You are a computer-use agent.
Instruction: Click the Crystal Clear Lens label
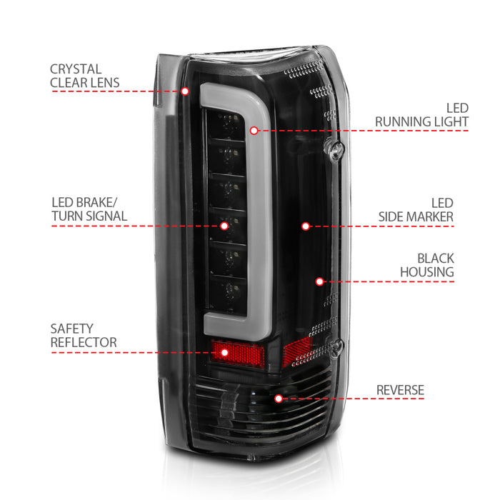pyautogui.click(x=85, y=76)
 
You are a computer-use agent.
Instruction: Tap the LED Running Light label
pyautogui.click(x=421, y=115)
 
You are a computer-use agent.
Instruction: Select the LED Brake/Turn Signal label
pyautogui.click(x=89, y=209)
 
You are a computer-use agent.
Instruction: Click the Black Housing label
pyautogui.click(x=436, y=264)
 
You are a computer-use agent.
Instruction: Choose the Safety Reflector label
pyautogui.click(x=84, y=336)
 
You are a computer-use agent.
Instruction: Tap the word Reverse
pyautogui.click(x=401, y=390)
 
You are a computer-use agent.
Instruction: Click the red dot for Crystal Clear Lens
pyautogui.click(x=185, y=91)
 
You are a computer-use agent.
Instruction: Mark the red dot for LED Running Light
pyautogui.click(x=254, y=131)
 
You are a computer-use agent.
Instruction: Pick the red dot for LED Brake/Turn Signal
pyautogui.click(x=224, y=226)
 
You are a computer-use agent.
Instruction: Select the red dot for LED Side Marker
pyautogui.click(x=305, y=226)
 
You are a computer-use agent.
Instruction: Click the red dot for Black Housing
pyautogui.click(x=319, y=281)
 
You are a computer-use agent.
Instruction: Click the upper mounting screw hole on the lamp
pyautogui.click(x=335, y=150)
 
